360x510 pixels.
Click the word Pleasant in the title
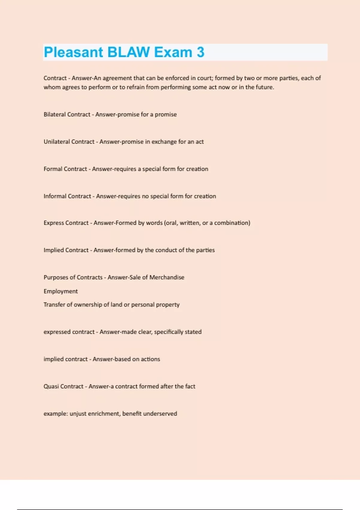tap(73, 52)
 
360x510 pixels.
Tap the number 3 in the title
tap(200, 52)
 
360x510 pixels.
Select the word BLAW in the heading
tap(128, 52)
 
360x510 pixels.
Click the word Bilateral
tap(55, 114)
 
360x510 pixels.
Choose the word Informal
tap(55, 196)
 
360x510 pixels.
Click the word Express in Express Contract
tap(53, 223)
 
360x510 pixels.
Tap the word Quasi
tap(51, 386)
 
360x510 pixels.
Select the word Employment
tap(61, 291)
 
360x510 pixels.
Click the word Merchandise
tap(167, 277)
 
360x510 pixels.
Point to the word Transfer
tap(54, 304)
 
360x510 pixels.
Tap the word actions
tap(150, 359)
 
